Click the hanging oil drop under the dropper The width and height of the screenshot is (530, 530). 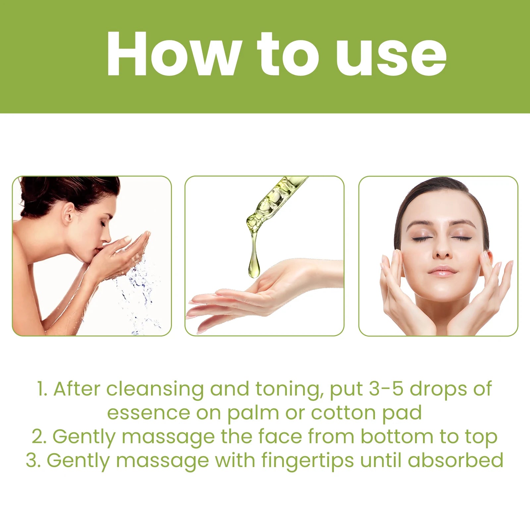254,265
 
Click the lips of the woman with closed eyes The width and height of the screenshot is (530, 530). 443,271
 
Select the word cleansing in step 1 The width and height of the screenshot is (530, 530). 155,389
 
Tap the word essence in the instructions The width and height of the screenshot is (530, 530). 149,413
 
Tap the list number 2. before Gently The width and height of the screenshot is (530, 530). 39,437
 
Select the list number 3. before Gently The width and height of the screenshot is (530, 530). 33,460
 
